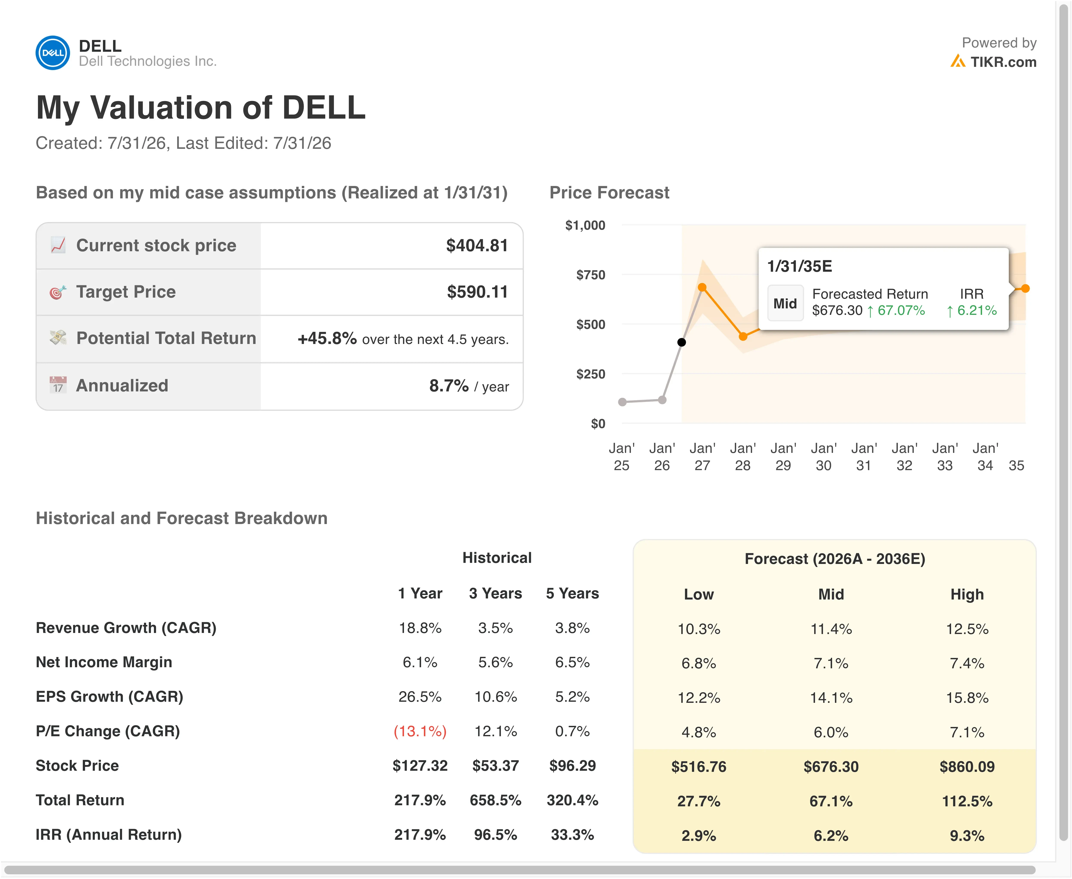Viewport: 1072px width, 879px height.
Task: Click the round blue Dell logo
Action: [x=53, y=53]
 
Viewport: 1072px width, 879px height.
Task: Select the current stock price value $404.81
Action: [x=477, y=246]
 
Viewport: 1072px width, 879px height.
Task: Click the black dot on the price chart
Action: [x=682, y=342]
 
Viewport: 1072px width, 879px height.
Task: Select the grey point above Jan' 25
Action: [x=623, y=402]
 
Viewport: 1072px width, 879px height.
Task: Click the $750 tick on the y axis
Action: [x=591, y=275]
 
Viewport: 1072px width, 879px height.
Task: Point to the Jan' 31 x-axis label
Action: [x=864, y=457]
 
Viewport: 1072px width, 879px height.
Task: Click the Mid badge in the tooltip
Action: [x=785, y=303]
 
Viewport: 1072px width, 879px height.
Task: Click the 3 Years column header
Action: [x=496, y=593]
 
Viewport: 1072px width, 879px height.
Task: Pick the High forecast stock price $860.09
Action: [x=967, y=767]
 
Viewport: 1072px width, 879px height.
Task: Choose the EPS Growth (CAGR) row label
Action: [x=109, y=697]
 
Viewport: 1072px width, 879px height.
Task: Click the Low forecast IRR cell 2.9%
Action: [x=699, y=835]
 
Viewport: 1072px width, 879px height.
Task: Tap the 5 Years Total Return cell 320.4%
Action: [x=573, y=800]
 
